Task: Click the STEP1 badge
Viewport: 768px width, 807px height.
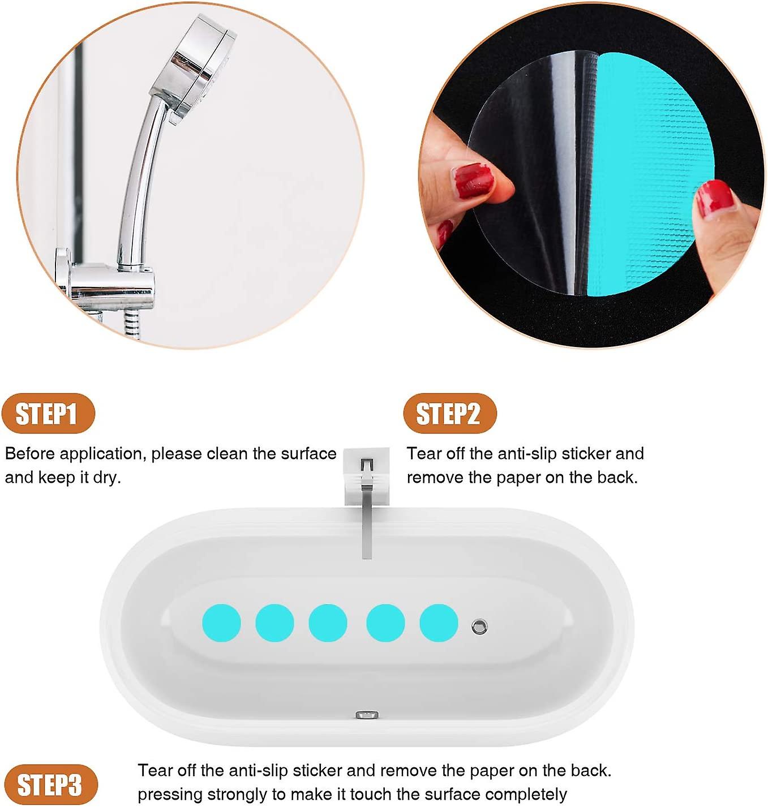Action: pos(48,414)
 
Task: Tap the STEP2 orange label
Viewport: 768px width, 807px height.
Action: pos(449,414)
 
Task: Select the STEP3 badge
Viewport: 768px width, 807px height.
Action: pos(50,785)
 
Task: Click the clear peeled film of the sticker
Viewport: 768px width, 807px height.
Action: pos(526,170)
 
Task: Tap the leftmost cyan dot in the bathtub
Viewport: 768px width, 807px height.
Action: pos(221,623)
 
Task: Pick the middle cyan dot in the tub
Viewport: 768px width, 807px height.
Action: pos(328,623)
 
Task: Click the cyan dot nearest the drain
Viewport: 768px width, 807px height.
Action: pos(439,623)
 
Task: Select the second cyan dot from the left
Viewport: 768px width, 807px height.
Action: pos(274,623)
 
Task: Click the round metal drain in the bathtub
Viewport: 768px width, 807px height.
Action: pos(479,626)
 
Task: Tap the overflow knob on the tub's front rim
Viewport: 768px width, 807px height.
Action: pos(367,715)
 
